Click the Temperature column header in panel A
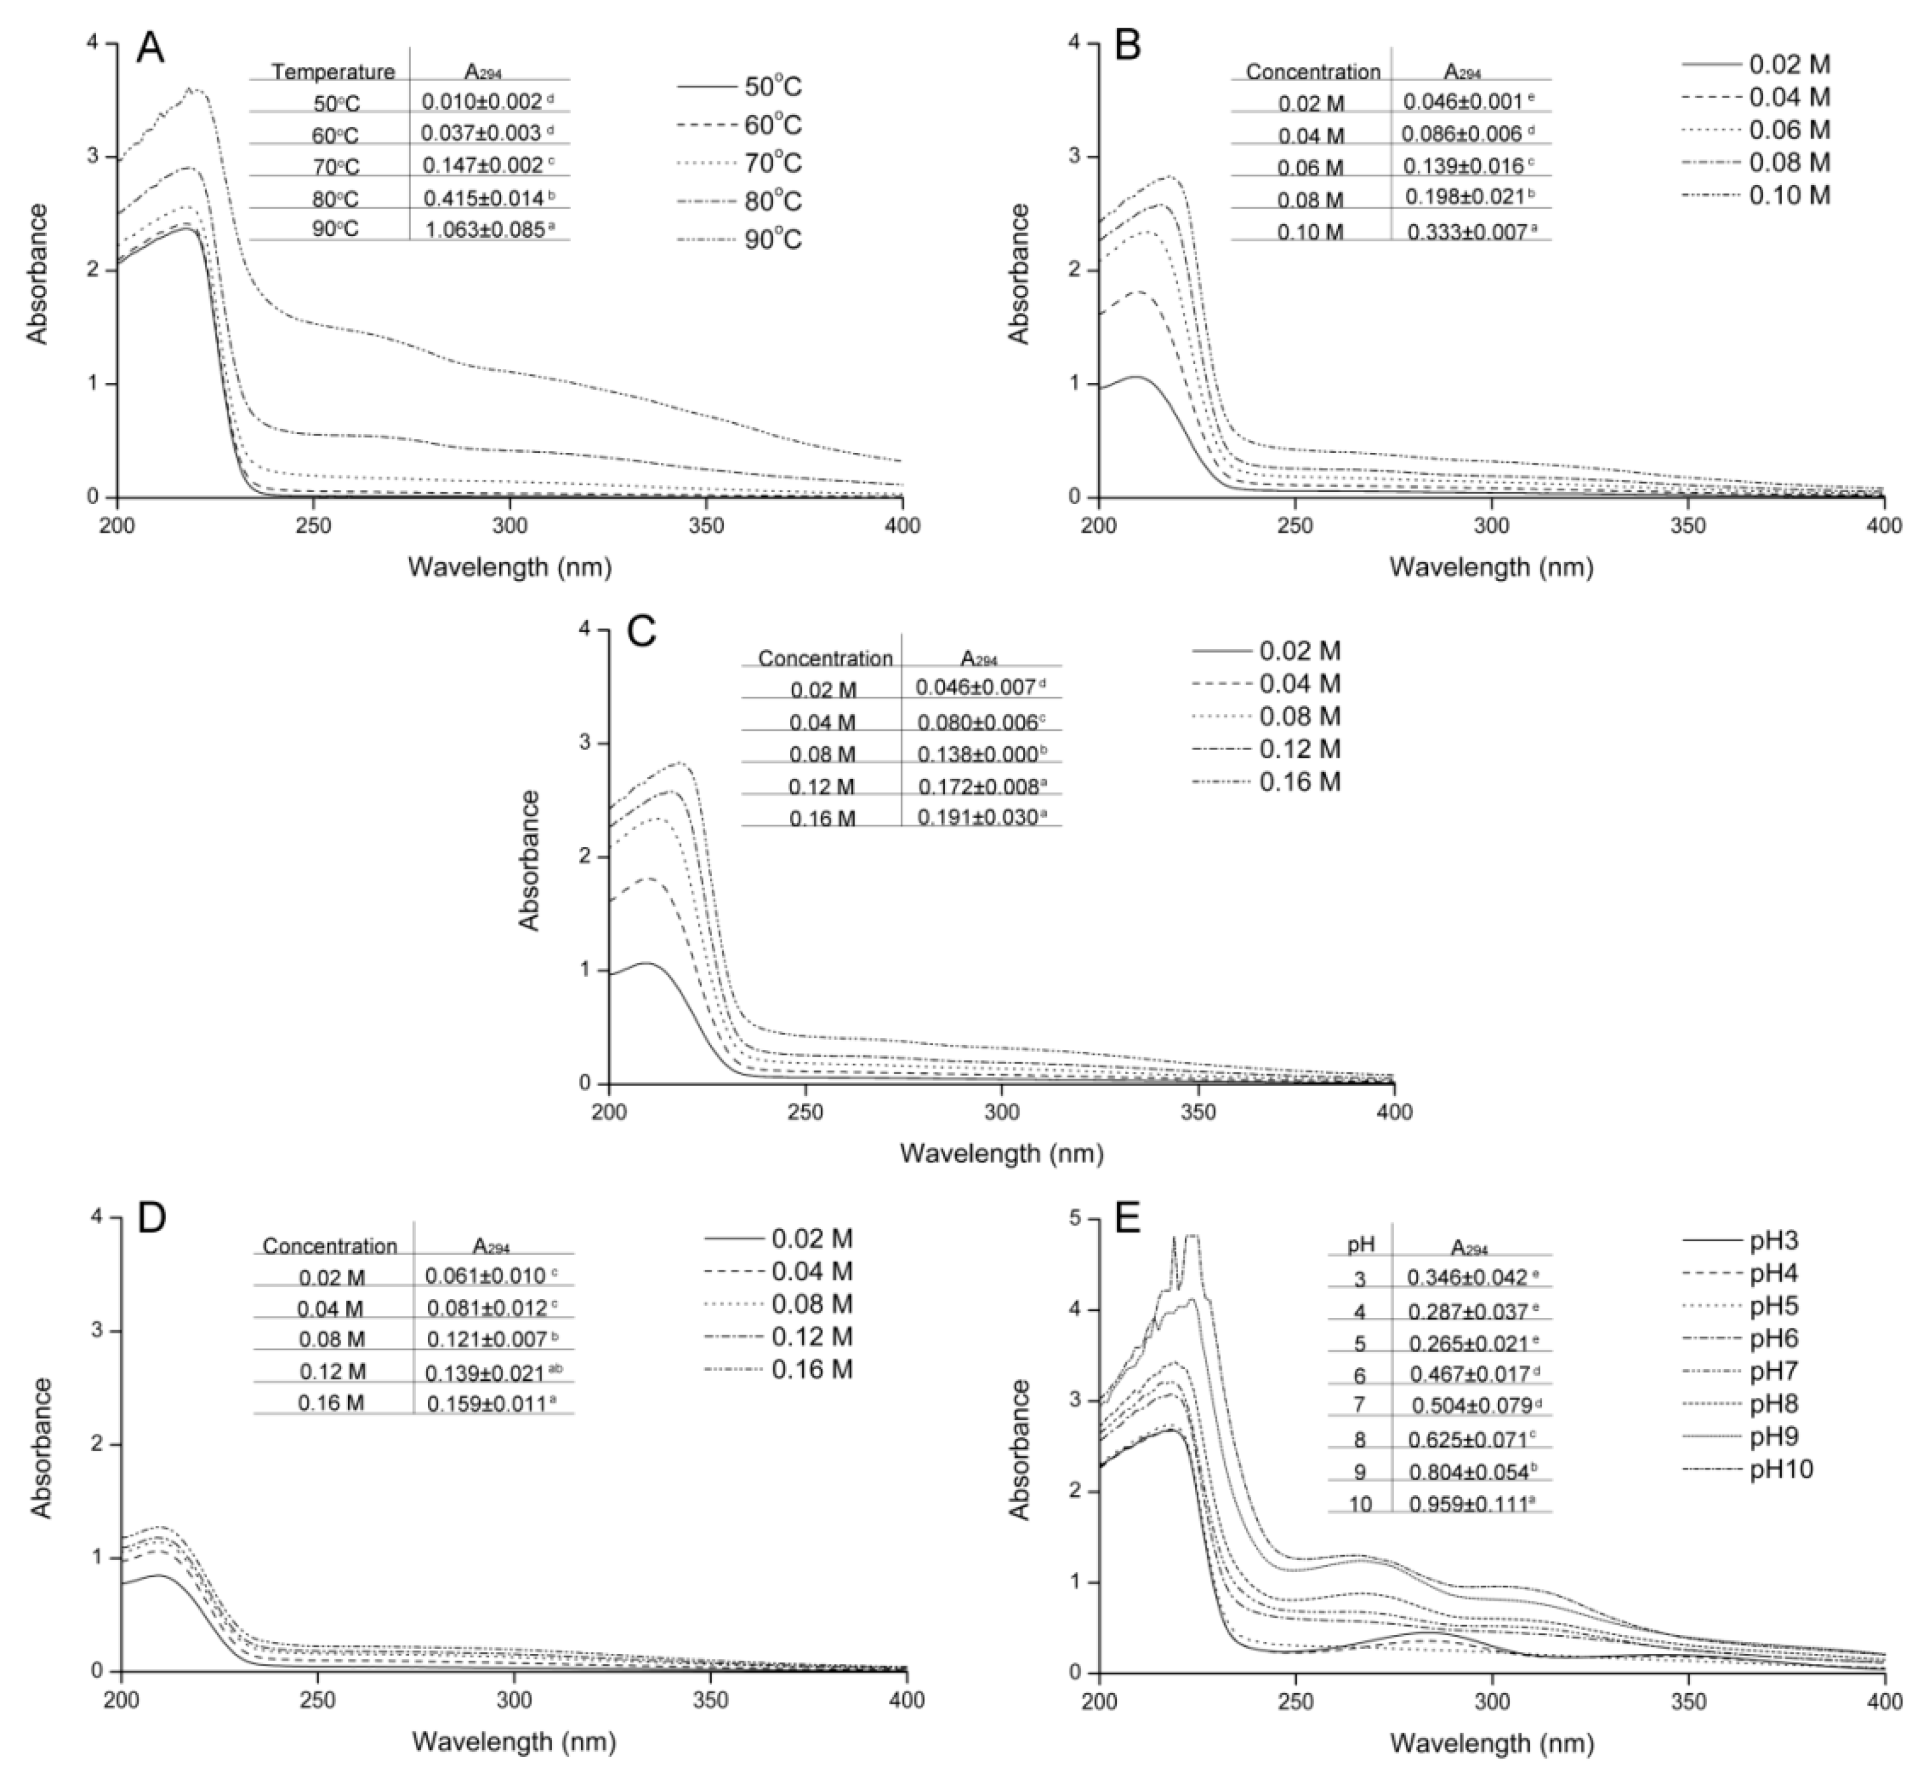point(334,71)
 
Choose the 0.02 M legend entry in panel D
point(812,1239)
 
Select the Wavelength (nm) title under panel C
point(1002,1153)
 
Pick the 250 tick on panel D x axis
point(318,1702)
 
